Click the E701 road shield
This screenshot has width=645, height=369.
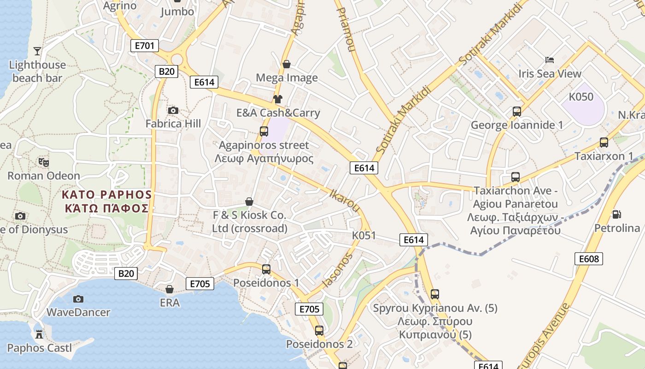click(145, 46)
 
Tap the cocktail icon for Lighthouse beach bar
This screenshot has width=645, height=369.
click(37, 51)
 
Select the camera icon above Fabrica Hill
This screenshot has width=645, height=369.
click(173, 110)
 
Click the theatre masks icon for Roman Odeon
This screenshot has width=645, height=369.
click(44, 162)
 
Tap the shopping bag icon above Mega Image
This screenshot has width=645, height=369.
click(287, 64)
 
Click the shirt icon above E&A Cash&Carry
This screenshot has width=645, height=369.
click(278, 99)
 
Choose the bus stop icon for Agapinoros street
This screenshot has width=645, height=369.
click(264, 131)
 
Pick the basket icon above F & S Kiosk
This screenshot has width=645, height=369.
click(249, 202)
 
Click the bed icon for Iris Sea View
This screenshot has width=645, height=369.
click(549, 60)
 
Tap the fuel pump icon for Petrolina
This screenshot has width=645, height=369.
click(616, 214)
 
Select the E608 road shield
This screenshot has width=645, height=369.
click(589, 259)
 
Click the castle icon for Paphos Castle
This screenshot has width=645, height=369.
click(39, 334)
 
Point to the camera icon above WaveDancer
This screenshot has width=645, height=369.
click(78, 299)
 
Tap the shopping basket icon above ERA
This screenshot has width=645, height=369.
click(170, 289)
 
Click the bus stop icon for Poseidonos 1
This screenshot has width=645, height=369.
click(266, 269)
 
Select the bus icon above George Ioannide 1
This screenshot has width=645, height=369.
click(517, 111)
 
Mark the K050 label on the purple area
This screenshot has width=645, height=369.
click(581, 97)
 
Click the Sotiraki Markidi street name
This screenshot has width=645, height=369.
click(404, 120)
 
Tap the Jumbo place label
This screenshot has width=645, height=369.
click(177, 12)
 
